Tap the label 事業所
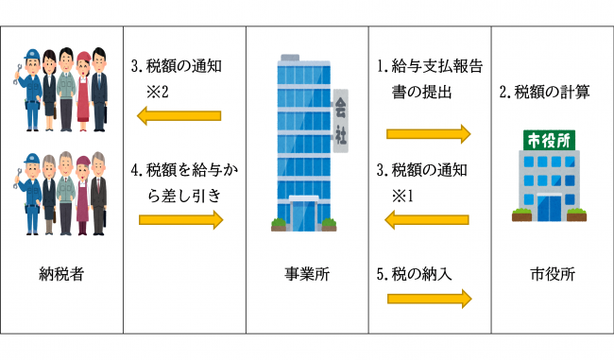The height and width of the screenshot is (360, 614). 306,275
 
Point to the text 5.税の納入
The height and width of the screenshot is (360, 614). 415,275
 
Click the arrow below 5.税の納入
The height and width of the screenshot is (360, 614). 428,299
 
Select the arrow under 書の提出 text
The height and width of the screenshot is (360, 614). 428,133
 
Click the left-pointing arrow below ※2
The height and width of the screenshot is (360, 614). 179,116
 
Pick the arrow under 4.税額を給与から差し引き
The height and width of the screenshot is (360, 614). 179,220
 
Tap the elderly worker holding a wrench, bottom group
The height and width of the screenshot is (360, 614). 28,194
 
